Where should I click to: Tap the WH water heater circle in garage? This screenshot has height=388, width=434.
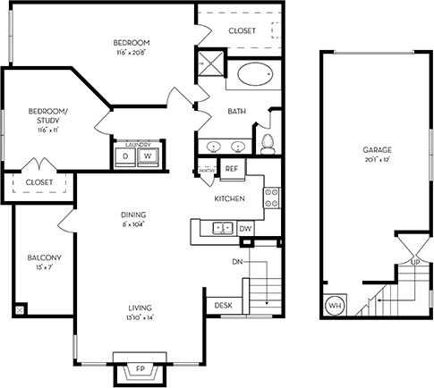click(335, 306)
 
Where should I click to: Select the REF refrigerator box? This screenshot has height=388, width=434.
click(231, 169)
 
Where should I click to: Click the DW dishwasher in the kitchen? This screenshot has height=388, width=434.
click(246, 229)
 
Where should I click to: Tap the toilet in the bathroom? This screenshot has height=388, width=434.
click(268, 142)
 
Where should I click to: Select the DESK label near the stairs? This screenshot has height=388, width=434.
click(224, 306)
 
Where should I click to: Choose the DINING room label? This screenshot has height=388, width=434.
click(134, 215)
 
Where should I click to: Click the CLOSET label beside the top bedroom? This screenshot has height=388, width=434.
click(242, 30)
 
